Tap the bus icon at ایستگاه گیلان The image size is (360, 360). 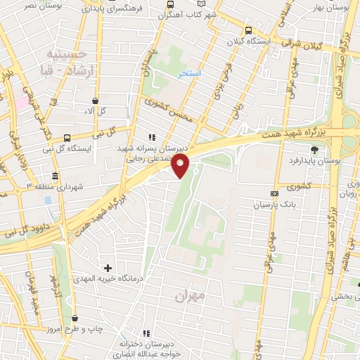(248, 30)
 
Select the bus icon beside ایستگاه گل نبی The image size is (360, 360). (66, 139)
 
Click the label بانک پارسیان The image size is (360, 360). (295, 205)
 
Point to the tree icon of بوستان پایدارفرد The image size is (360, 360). (314, 150)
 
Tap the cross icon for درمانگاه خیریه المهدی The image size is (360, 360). (108, 268)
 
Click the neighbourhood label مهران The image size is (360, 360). (191, 297)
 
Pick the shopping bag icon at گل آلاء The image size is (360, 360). (95, 101)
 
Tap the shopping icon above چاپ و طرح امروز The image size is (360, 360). (74, 319)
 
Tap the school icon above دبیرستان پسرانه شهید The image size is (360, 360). (151, 138)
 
